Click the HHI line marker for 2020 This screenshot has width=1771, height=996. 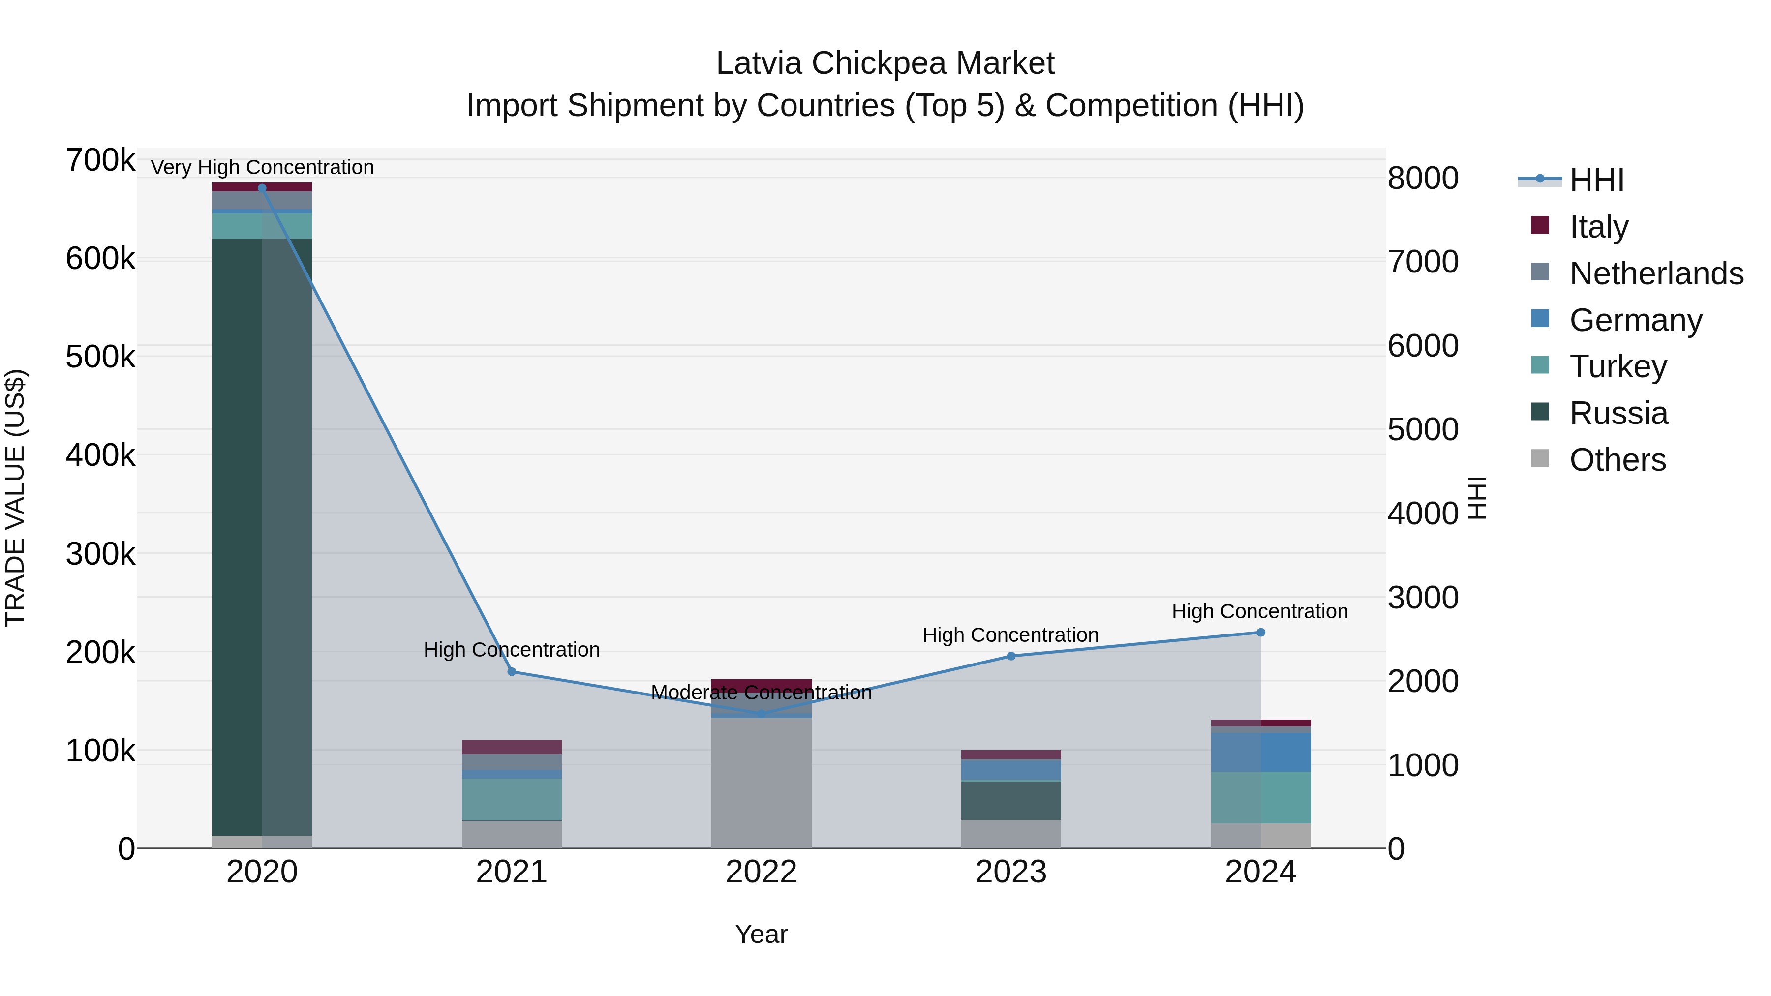click(262, 188)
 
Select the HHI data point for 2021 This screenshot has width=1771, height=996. click(512, 671)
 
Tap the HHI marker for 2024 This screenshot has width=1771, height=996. click(1260, 633)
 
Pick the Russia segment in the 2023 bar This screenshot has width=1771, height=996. click(1010, 801)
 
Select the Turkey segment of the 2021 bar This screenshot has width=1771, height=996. click(512, 799)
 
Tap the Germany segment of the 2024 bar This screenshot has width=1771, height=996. click(1260, 752)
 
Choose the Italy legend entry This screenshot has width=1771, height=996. click(1598, 226)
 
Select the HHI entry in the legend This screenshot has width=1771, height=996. click(1596, 180)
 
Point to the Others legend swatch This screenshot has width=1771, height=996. click(1540, 458)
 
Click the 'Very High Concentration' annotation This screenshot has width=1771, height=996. click(262, 167)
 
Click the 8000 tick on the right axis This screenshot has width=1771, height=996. click(1422, 178)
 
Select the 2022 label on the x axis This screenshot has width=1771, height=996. click(761, 872)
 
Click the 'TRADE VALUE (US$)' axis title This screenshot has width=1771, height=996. click(15, 498)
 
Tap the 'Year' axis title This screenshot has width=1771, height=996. click(761, 934)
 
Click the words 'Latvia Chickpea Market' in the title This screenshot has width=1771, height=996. click(885, 63)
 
